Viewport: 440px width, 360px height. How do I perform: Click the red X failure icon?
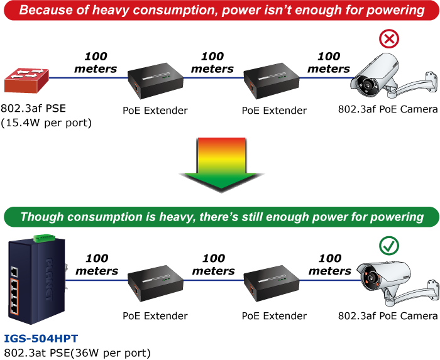(389, 39)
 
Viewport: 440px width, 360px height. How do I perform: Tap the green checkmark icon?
(389, 246)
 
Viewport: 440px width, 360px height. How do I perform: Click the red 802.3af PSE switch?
(26, 80)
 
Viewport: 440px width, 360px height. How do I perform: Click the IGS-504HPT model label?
(41, 339)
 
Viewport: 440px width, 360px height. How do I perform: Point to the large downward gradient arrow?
(221, 165)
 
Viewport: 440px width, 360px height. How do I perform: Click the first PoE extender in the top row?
(155, 81)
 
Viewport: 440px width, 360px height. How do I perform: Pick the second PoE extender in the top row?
(272, 81)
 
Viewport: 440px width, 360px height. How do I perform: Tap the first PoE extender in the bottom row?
(155, 283)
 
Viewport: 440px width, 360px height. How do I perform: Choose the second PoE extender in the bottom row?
(272, 283)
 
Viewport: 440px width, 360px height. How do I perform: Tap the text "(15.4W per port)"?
(47, 123)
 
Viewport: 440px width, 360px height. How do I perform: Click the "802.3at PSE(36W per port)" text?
(77, 353)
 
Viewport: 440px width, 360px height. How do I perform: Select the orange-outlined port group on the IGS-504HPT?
(14, 297)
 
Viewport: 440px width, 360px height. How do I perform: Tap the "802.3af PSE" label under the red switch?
(33, 108)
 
